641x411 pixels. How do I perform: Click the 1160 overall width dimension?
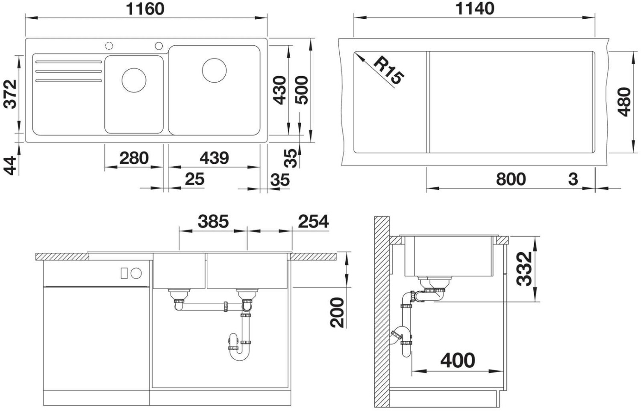pyautogui.click(x=145, y=9)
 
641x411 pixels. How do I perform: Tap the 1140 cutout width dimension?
pyautogui.click(x=475, y=9)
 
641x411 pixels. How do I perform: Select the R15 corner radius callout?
pyautogui.click(x=388, y=71)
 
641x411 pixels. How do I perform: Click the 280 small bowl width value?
pyautogui.click(x=134, y=158)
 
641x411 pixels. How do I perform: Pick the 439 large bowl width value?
pyautogui.click(x=214, y=158)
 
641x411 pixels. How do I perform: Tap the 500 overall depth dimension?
pyautogui.click(x=301, y=90)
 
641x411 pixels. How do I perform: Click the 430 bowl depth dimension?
pyautogui.click(x=279, y=90)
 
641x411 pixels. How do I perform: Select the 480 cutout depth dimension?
pyautogui.click(x=624, y=102)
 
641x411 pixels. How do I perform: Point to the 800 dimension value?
pyautogui.click(x=511, y=179)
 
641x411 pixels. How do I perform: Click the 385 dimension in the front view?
pyautogui.click(x=213, y=222)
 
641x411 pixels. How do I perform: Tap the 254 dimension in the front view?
pyautogui.click(x=313, y=222)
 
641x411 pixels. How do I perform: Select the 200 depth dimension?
pyautogui.click(x=338, y=312)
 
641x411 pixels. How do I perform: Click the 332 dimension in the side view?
pyautogui.click(x=524, y=269)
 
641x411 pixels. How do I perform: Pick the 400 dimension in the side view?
pyautogui.click(x=458, y=361)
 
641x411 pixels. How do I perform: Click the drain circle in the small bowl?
pyautogui.click(x=134, y=80)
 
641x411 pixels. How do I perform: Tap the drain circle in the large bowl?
pyautogui.click(x=214, y=71)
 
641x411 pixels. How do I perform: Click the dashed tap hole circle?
pyautogui.click(x=109, y=45)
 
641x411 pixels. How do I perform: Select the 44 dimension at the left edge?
pyautogui.click(x=10, y=166)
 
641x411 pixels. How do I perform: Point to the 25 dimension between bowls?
pyautogui.click(x=194, y=179)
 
